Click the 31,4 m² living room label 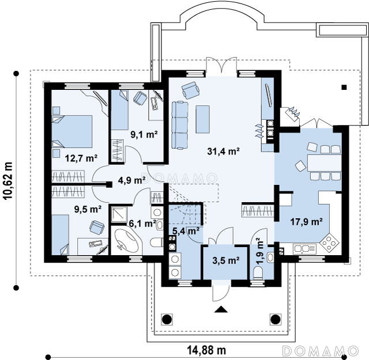click(x=223, y=151)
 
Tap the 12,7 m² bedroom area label click(x=81, y=158)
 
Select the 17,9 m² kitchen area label click(x=306, y=222)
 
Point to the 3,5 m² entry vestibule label click(x=226, y=260)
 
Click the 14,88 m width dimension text click(x=206, y=350)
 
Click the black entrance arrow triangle click(x=221, y=309)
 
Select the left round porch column click(x=167, y=319)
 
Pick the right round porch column click(x=276, y=319)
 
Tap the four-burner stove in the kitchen click(x=329, y=242)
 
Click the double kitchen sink click(x=304, y=249)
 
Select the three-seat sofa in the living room click(x=180, y=125)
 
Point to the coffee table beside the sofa click(x=202, y=119)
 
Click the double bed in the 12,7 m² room click(x=71, y=131)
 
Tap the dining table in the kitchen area click(x=324, y=162)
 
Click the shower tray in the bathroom click(x=119, y=214)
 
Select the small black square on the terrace click(x=344, y=88)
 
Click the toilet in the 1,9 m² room click(x=258, y=272)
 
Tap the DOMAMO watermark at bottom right click(x=321, y=351)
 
